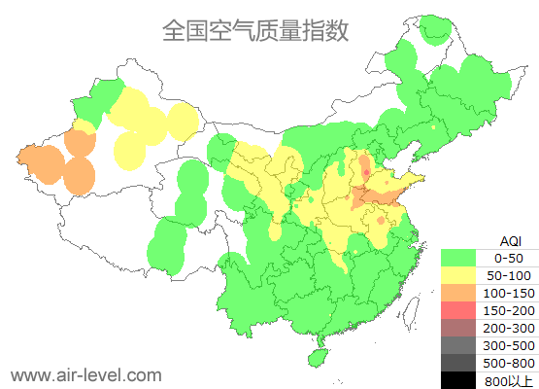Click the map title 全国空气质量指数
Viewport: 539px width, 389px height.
click(x=255, y=31)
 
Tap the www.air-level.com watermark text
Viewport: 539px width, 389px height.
click(x=85, y=374)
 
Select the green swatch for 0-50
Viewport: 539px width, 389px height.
click(x=461, y=258)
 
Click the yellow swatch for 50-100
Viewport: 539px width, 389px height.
click(x=461, y=275)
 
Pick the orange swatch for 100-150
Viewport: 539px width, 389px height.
click(x=461, y=293)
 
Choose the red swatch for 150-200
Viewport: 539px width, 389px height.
click(x=461, y=310)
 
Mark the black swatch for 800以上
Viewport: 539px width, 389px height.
click(x=461, y=379)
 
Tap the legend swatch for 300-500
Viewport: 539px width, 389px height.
click(x=461, y=345)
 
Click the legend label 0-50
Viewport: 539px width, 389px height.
click(x=509, y=258)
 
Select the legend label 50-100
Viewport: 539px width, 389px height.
click(x=509, y=275)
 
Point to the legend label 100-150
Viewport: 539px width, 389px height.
click(x=509, y=293)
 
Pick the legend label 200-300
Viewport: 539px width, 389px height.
click(x=509, y=328)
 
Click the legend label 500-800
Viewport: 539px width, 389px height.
click(x=509, y=363)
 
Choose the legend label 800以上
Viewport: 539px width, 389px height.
click(x=509, y=380)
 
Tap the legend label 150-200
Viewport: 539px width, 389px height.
click(x=509, y=310)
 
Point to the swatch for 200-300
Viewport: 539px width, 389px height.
click(x=461, y=328)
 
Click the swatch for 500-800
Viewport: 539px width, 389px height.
click(x=461, y=363)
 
